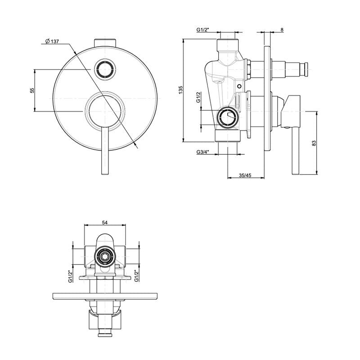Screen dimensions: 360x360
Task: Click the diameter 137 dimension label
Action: pyautogui.click(x=52, y=41)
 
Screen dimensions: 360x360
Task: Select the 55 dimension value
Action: pyautogui.click(x=32, y=90)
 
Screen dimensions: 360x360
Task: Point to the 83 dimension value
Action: pyautogui.click(x=314, y=143)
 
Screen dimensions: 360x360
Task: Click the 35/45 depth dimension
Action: pyautogui.click(x=245, y=175)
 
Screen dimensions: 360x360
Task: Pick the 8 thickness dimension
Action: pyautogui.click(x=282, y=30)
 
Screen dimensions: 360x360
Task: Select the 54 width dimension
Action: pyautogui.click(x=105, y=222)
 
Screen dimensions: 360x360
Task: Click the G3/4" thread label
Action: pyautogui.click(x=203, y=152)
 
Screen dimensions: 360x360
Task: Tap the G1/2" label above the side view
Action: pyautogui.click(x=203, y=30)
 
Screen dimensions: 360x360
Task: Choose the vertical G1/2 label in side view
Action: pyautogui.click(x=198, y=97)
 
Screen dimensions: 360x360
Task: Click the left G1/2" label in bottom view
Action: pyautogui.click(x=71, y=276)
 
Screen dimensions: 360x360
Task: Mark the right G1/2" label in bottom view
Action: pyautogui.click(x=136, y=275)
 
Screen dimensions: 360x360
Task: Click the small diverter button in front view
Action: pyautogui.click(x=105, y=69)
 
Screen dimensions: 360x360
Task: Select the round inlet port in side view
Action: pyautogui.click(x=228, y=117)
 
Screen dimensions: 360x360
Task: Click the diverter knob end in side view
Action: pyautogui.click(x=306, y=69)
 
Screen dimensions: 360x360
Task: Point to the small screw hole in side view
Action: pyautogui.click(x=239, y=86)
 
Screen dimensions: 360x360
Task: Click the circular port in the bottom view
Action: pyautogui.click(x=105, y=256)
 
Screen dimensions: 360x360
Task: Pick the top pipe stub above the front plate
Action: pyautogui.click(x=105, y=43)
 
